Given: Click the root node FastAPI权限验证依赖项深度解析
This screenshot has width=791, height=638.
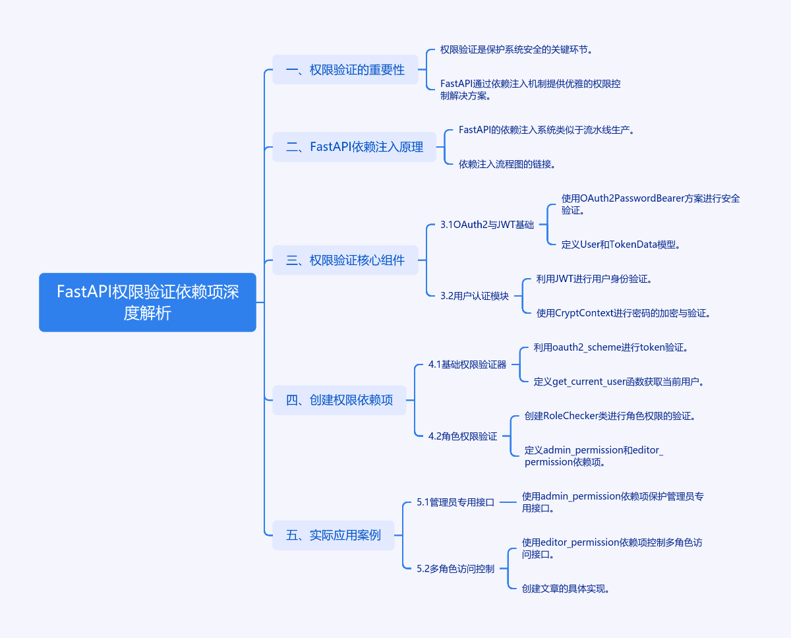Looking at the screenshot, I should pos(148,302).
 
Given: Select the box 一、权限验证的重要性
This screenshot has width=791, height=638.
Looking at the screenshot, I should pos(345,69).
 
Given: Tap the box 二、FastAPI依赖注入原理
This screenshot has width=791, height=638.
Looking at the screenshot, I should pos(355,147).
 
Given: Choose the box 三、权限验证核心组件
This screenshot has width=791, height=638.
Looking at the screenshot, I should pos(345,260).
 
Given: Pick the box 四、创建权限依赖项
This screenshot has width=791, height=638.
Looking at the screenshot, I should pos(339,400).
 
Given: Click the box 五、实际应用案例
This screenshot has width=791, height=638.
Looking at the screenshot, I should pos(334,535).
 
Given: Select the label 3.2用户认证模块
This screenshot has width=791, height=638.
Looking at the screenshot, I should pos(475,296).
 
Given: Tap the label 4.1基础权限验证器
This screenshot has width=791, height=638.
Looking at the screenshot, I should pos(467,364).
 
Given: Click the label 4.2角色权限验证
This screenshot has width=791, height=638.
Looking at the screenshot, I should pos(463,436).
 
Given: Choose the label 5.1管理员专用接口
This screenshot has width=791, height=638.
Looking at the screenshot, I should pos(455,502).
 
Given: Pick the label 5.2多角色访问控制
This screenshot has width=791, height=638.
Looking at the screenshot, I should pos(455,569).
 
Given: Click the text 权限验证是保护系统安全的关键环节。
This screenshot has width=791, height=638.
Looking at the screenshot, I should pos(515,50).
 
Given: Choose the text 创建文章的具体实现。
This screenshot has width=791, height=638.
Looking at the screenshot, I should pos(566,589).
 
